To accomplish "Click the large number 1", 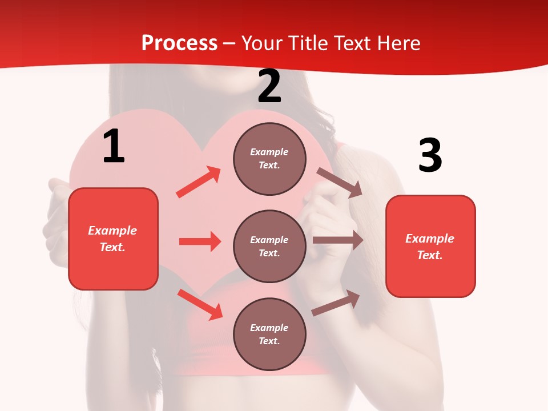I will (x=114, y=146).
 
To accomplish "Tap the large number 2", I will (x=269, y=86).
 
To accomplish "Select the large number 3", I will (x=430, y=155).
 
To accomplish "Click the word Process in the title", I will (x=179, y=43).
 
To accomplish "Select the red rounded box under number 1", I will (x=113, y=239).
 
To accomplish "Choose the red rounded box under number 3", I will (x=430, y=246).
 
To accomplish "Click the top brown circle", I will (x=269, y=159).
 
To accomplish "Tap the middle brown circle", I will (x=269, y=246).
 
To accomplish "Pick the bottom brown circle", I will (x=269, y=334).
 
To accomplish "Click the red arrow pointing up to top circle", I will (x=199, y=182).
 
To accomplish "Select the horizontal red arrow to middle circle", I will (x=200, y=241).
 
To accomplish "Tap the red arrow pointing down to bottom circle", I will (x=200, y=304).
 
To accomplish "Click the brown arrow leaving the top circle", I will (x=339, y=182).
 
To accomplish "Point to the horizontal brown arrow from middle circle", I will (x=338, y=240).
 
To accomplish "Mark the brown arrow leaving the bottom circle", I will (x=336, y=303).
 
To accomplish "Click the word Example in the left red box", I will (x=112, y=231).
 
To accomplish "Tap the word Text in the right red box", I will (x=429, y=255).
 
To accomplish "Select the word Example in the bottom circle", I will (x=269, y=328).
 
